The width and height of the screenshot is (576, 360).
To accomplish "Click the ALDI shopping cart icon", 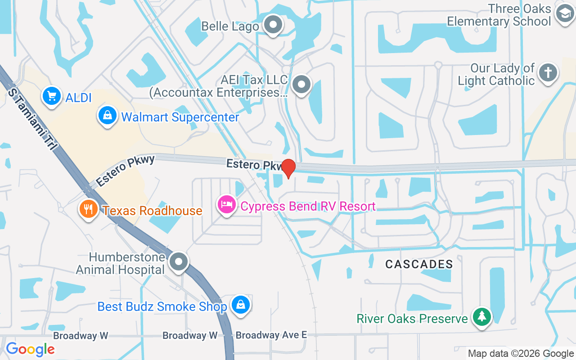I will pyautogui.click(x=51, y=95).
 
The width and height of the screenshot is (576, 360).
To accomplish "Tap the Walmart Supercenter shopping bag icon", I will pyautogui.click(x=108, y=116).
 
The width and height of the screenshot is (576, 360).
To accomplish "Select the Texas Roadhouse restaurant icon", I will pyautogui.click(x=89, y=209).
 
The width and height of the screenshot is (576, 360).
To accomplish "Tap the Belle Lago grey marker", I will pyautogui.click(x=273, y=25).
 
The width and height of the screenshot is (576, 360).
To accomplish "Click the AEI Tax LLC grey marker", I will pyautogui.click(x=301, y=84).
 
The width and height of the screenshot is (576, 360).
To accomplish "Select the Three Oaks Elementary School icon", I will pyautogui.click(x=564, y=13).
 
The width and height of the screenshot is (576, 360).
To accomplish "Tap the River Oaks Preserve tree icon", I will pyautogui.click(x=482, y=317).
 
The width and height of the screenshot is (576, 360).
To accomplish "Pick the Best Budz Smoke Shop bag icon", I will pyautogui.click(x=241, y=305).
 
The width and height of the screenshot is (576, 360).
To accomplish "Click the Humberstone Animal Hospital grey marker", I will pyautogui.click(x=179, y=261).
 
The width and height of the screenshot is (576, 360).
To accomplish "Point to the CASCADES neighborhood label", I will pyautogui.click(x=419, y=264).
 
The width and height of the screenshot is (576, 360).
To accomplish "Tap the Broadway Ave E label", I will pyautogui.click(x=271, y=335).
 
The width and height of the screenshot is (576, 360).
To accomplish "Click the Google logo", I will pyautogui.click(x=30, y=349).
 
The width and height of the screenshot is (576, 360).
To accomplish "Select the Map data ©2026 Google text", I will pyautogui.click(x=521, y=354).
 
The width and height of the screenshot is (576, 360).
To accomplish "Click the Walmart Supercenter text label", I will pyautogui.click(x=180, y=117).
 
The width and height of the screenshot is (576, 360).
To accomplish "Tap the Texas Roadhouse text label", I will pyautogui.click(x=153, y=211).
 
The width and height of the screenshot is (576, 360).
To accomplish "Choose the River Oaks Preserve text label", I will pyautogui.click(x=412, y=319).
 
